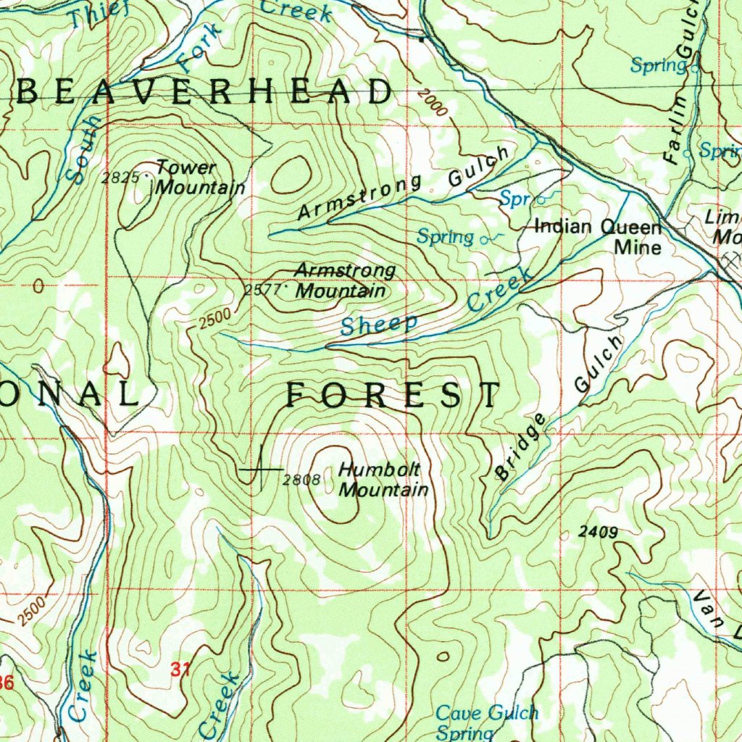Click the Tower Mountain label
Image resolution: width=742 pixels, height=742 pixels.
[x=200, y=178]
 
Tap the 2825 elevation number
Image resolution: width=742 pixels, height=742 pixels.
[x=120, y=177]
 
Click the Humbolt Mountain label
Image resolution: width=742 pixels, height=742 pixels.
[x=383, y=480]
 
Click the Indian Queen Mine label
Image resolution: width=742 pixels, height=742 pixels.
[x=599, y=237]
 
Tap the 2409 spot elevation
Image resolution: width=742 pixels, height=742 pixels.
[x=599, y=533]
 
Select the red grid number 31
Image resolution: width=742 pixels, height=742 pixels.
[x=181, y=670]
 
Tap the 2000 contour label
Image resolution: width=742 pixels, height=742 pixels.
[x=433, y=104]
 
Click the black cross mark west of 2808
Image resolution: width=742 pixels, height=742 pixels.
[x=260, y=470]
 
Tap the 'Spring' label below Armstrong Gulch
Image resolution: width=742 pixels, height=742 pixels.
[x=445, y=237]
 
